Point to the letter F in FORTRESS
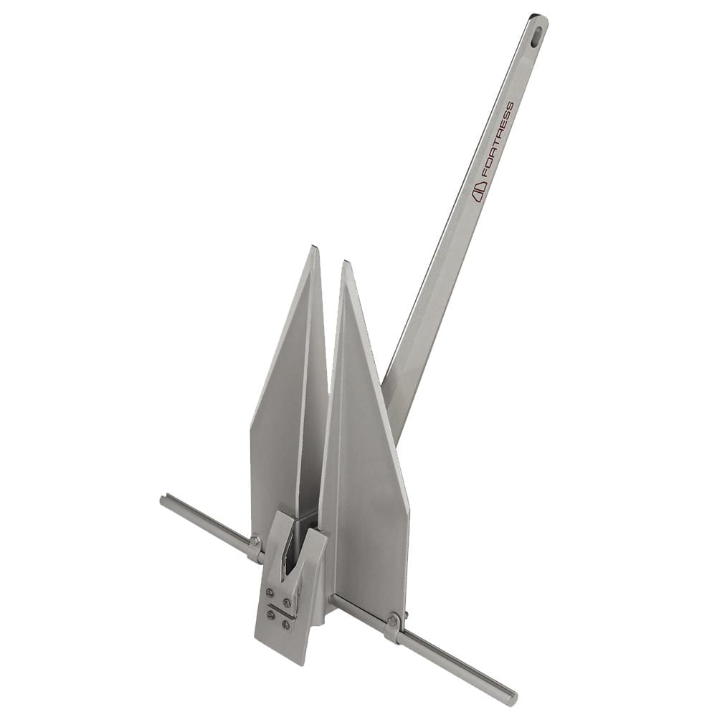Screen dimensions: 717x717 tap(488, 171)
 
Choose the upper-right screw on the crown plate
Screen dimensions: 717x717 tap(287, 602)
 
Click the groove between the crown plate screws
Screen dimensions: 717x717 tap(280, 609)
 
